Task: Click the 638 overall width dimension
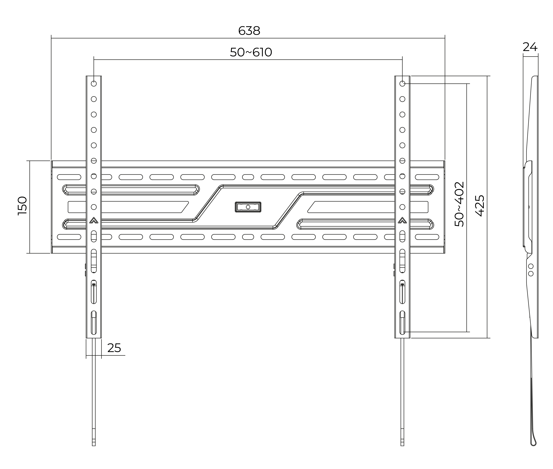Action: click(x=249, y=31)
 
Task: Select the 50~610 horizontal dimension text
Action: click(x=251, y=52)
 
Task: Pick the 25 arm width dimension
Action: click(x=114, y=348)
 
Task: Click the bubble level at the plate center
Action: click(x=248, y=207)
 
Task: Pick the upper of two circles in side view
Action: click(x=531, y=266)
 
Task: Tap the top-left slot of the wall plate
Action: click(x=69, y=177)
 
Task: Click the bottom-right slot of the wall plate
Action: click(x=427, y=237)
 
